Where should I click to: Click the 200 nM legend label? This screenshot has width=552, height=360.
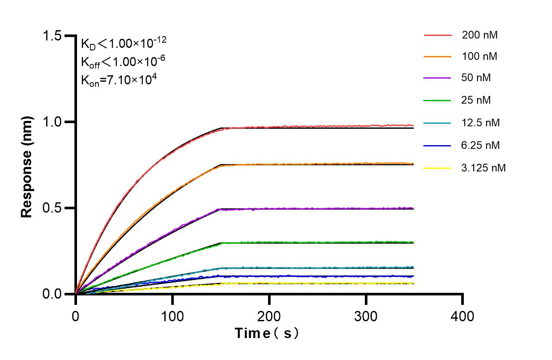point(480,35)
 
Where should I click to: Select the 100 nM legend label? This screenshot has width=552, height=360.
point(480,56)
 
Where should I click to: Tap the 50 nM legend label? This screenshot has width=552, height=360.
point(476,78)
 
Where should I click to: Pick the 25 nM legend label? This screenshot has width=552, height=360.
point(476,100)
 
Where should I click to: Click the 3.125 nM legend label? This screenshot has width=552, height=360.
point(484,168)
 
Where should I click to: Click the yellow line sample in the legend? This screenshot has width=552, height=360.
point(438,168)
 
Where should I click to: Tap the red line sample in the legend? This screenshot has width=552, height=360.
point(438,35)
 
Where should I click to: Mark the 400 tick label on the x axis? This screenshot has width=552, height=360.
point(463,317)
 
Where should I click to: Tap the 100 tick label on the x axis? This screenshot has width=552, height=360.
point(172,317)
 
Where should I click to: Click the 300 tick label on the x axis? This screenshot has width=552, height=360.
point(366,317)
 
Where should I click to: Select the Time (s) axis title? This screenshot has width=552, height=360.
point(266,333)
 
